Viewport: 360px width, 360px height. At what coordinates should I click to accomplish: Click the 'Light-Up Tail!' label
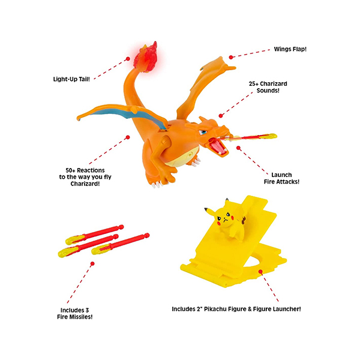point(71,79)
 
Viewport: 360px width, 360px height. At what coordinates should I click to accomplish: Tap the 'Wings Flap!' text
point(290,49)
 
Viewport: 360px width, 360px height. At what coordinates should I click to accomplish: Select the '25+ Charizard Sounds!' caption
point(268,87)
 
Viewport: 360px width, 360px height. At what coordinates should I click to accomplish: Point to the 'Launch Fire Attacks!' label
point(281,178)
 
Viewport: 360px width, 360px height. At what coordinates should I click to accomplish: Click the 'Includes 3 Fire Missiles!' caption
point(75,314)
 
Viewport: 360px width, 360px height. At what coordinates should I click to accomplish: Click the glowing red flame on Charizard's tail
point(146,57)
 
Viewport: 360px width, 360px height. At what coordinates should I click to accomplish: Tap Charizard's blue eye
point(203,133)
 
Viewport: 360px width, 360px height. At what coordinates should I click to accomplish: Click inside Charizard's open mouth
point(217,146)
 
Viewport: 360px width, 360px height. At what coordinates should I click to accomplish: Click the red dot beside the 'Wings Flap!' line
point(231,57)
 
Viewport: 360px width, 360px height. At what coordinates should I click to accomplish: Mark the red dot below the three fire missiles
point(92,264)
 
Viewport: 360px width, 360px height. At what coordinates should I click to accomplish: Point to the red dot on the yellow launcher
point(260,272)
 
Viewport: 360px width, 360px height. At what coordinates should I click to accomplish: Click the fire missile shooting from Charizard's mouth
point(248,137)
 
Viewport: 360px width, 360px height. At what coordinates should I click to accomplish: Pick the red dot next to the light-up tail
point(128,59)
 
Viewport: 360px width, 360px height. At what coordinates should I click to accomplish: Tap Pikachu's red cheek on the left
point(218,223)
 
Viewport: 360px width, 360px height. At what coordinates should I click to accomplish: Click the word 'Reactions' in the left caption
point(91,170)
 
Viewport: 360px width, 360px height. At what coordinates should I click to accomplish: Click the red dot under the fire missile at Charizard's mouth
point(238,148)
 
